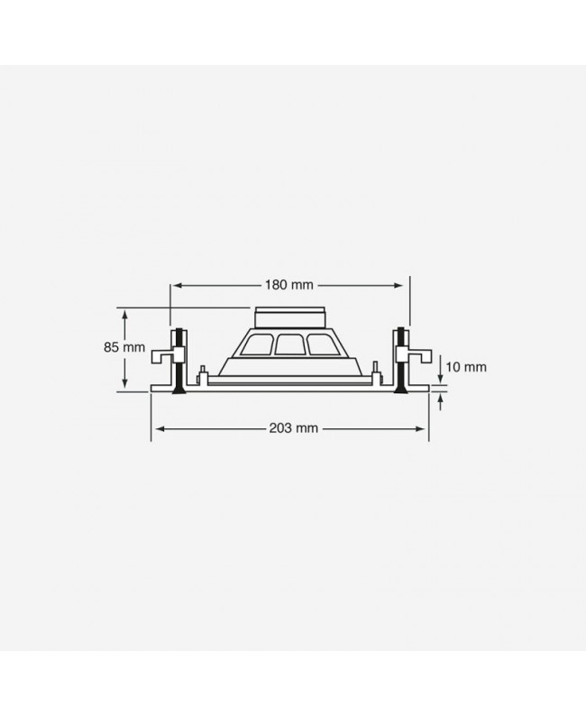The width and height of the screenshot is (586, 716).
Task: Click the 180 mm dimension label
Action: coord(289,285)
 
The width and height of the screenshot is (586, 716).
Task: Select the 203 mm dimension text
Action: coord(294,428)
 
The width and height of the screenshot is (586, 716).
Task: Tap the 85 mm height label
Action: coord(124,347)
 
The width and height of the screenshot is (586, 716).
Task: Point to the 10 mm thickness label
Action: coord(466,367)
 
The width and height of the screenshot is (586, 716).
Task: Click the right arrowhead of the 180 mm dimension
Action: coord(398,285)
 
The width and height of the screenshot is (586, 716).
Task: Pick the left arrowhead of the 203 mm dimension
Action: coord(160,428)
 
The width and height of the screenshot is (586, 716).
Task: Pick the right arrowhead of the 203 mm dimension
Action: coord(420,428)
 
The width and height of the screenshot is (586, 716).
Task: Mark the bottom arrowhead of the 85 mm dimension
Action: coord(124,382)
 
